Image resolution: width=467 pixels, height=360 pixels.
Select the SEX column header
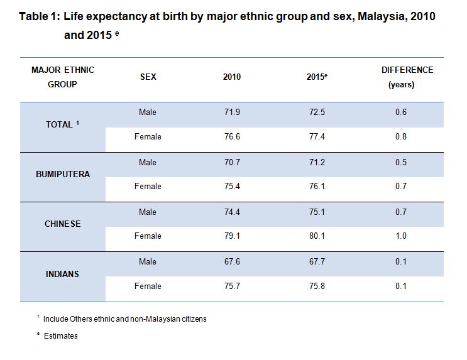pyautogui.click(x=148, y=77)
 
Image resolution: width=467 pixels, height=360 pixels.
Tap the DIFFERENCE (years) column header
pyautogui.click(x=407, y=77)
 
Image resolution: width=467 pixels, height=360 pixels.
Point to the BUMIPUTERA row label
pyautogui.click(x=63, y=174)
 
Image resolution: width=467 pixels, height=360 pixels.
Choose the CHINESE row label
pyautogui.click(x=63, y=224)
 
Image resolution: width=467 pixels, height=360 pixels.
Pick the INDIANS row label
pyautogui.click(x=63, y=274)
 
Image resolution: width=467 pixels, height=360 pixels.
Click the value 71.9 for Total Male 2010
pyautogui.click(x=232, y=112)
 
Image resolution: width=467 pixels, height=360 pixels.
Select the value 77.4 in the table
pyautogui.click(x=315, y=137)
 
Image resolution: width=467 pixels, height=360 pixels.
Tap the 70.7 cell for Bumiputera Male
pyautogui.click(x=232, y=162)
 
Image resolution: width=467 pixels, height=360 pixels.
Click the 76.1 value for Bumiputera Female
pyautogui.click(x=315, y=187)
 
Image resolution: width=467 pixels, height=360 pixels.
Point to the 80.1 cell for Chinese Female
pyautogui.click(x=315, y=236)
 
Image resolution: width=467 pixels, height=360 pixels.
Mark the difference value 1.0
pyautogui.click(x=401, y=236)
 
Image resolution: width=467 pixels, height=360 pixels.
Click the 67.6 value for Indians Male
pyautogui.click(x=232, y=261)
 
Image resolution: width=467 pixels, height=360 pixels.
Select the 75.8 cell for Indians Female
pyautogui.click(x=315, y=286)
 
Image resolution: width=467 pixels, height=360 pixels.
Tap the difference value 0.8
pyautogui.click(x=401, y=137)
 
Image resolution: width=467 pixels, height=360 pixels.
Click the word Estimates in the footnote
pyautogui.click(x=61, y=336)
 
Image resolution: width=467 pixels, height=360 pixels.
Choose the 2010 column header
pyautogui.click(x=232, y=77)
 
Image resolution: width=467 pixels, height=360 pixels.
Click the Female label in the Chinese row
pyautogui.click(x=148, y=236)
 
